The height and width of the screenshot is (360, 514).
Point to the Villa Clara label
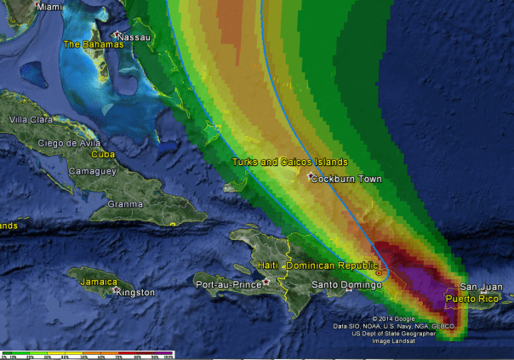click(x=30, y=119)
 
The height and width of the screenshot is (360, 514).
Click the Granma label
click(x=125, y=204)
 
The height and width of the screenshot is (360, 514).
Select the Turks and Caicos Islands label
click(x=290, y=162)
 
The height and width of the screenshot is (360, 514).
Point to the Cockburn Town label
click(x=346, y=180)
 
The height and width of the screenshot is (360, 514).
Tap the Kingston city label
click(x=136, y=293)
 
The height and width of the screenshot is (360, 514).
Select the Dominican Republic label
click(x=332, y=266)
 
